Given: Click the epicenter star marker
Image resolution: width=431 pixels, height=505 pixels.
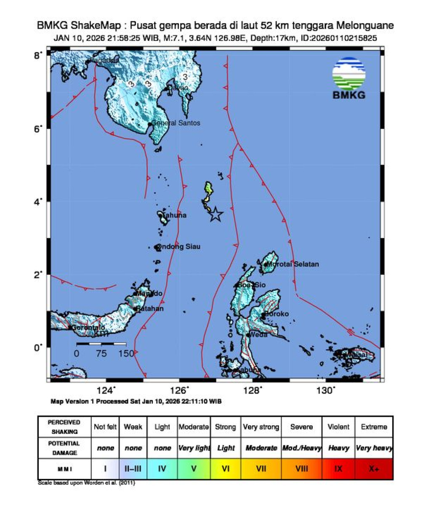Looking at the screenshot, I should click(215, 214).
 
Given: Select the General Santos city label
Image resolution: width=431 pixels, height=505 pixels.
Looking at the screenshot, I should click(176, 123).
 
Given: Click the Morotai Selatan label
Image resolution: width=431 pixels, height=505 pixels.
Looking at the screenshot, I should click(293, 264).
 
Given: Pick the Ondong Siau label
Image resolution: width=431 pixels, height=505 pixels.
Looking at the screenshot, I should click(179, 247).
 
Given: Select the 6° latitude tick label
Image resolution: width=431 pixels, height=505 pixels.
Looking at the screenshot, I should click(38, 129).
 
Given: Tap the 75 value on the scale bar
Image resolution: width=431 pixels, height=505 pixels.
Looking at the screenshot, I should click(101, 353).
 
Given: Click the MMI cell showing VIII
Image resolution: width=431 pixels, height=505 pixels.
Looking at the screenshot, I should click(301, 468).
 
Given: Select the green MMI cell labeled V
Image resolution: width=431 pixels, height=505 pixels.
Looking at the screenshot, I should click(194, 468).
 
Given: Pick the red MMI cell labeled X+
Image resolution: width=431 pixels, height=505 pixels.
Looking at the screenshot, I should click(374, 468).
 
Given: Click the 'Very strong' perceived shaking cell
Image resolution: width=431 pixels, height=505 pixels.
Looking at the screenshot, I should click(261, 427).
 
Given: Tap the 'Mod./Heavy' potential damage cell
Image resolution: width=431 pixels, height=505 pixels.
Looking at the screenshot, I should click(301, 448).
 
